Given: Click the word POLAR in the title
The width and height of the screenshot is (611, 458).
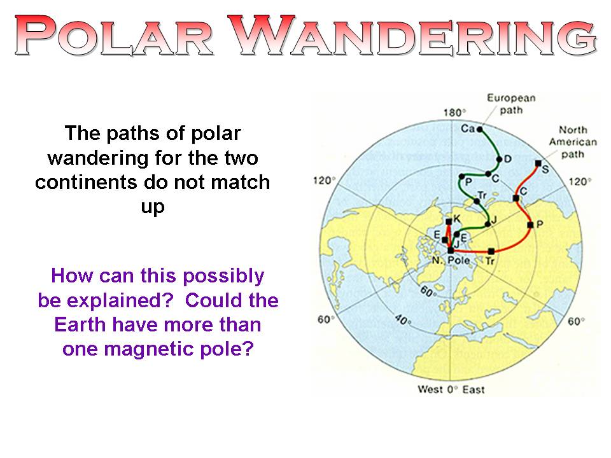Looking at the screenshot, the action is [x=114, y=35].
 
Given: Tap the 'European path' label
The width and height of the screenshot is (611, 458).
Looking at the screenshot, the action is [x=511, y=104].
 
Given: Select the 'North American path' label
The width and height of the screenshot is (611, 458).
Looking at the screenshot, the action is [x=573, y=142].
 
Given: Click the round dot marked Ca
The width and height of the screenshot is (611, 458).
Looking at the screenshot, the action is [x=480, y=129].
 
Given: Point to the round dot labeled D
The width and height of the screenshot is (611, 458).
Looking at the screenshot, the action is [x=499, y=159].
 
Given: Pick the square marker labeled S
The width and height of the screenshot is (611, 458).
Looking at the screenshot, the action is [x=538, y=163].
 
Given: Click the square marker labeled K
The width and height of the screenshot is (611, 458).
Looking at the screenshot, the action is [x=449, y=221].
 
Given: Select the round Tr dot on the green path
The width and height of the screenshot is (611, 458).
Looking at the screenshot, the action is [x=477, y=202].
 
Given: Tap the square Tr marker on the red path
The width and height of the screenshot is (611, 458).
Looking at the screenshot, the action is [x=491, y=251].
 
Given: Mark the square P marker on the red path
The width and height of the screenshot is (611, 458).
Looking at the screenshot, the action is [x=530, y=225].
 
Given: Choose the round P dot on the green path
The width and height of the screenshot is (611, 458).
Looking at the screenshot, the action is [x=462, y=177].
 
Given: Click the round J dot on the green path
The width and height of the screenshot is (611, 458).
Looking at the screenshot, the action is [x=488, y=225].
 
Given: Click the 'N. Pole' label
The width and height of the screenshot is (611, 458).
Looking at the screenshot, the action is [x=451, y=260].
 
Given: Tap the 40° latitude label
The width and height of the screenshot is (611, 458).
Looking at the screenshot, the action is [x=403, y=320].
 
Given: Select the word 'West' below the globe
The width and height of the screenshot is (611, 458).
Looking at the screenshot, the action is [x=430, y=389].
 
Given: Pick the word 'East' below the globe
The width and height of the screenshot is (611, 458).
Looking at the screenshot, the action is [x=474, y=389].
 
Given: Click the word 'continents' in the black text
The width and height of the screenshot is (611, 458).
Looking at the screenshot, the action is [x=87, y=183].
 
